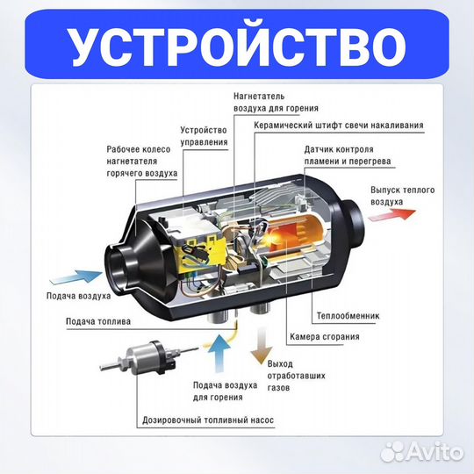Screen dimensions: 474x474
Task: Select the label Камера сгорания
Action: pyautogui.click(x=323, y=336)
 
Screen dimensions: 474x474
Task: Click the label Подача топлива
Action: pyautogui.click(x=97, y=321)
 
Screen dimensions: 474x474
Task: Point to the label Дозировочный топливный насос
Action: pyautogui.click(x=208, y=420)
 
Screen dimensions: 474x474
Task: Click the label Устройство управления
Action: pyautogui.click(x=204, y=135)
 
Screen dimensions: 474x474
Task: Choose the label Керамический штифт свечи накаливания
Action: pyautogui.click(x=338, y=126)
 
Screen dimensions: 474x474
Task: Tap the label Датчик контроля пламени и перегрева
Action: pyautogui.click(x=350, y=154)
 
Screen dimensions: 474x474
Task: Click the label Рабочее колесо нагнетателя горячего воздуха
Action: pyautogui.click(x=143, y=162)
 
